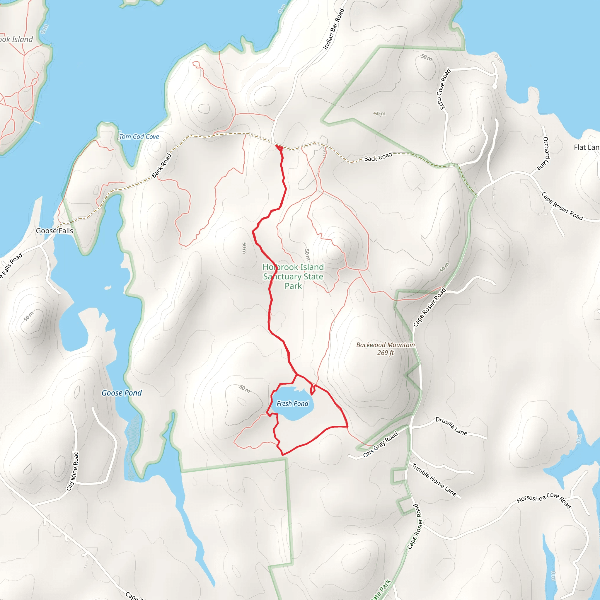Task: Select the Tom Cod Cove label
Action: pyautogui.click(x=139, y=137)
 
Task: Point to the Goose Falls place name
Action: pyautogui.click(x=54, y=231)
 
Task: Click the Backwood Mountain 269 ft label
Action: pyautogui.click(x=386, y=348)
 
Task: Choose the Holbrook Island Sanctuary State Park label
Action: pyautogui.click(x=293, y=276)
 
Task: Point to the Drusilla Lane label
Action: pyautogui.click(x=451, y=426)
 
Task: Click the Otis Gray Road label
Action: pyautogui.click(x=381, y=444)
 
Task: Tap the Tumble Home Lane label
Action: pyautogui.click(x=434, y=480)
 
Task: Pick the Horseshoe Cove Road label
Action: pyautogui.click(x=544, y=500)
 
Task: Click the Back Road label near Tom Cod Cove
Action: pyautogui.click(x=161, y=166)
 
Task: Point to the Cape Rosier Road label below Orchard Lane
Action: pyautogui.click(x=562, y=206)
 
